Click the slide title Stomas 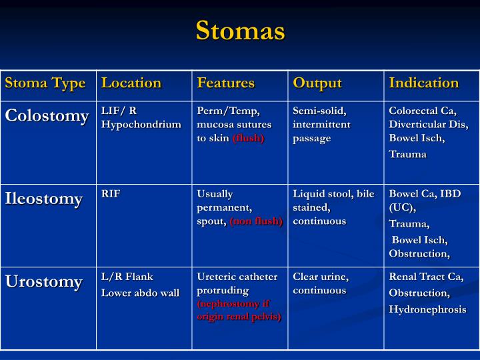point(240,31)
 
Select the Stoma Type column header point(45,83)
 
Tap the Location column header point(131,83)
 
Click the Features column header point(226,83)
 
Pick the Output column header point(317,83)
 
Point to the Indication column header point(424,83)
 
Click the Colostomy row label point(47,116)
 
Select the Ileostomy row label point(44,199)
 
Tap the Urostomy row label point(44,282)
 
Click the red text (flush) point(248,138)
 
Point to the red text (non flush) point(256,221)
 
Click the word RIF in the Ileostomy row point(111,194)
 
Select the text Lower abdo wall point(140,293)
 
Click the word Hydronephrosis point(428,310)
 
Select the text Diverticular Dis point(429,124)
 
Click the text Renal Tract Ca point(426,277)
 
